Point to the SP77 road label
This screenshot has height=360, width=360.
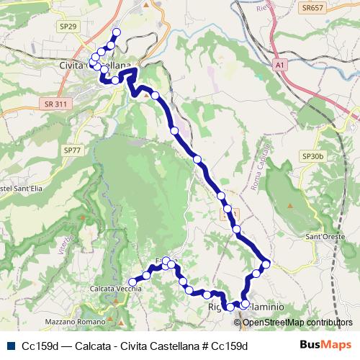72,150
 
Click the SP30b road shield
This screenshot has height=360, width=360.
314,156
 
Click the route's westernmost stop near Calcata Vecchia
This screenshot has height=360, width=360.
131,282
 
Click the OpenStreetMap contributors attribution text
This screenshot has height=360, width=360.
300,322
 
